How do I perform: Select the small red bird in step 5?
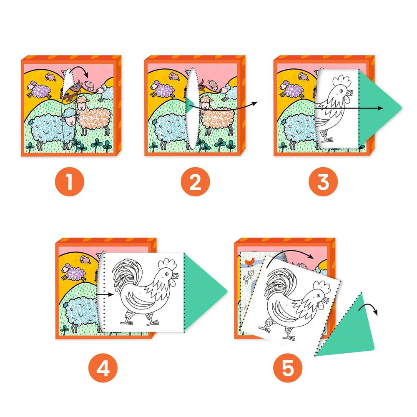coord(250,262)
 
